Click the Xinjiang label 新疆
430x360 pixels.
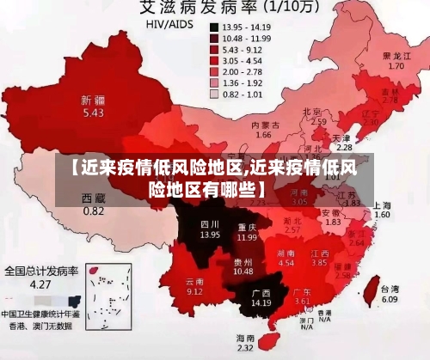tap(93, 99)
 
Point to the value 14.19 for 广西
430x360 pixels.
tap(261, 302)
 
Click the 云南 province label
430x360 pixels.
tap(194, 281)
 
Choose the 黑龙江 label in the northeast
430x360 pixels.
tap(396, 55)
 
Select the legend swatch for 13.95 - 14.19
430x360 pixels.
tap(213, 27)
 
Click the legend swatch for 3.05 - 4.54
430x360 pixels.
tap(213, 61)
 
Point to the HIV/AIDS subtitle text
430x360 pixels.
tap(166, 26)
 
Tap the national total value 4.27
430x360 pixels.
tap(41, 284)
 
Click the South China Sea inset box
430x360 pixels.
tap(102, 300)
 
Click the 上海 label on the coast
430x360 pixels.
tap(383, 204)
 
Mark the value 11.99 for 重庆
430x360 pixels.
tap(248, 236)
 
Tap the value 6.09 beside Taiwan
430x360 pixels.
tap(390, 300)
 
